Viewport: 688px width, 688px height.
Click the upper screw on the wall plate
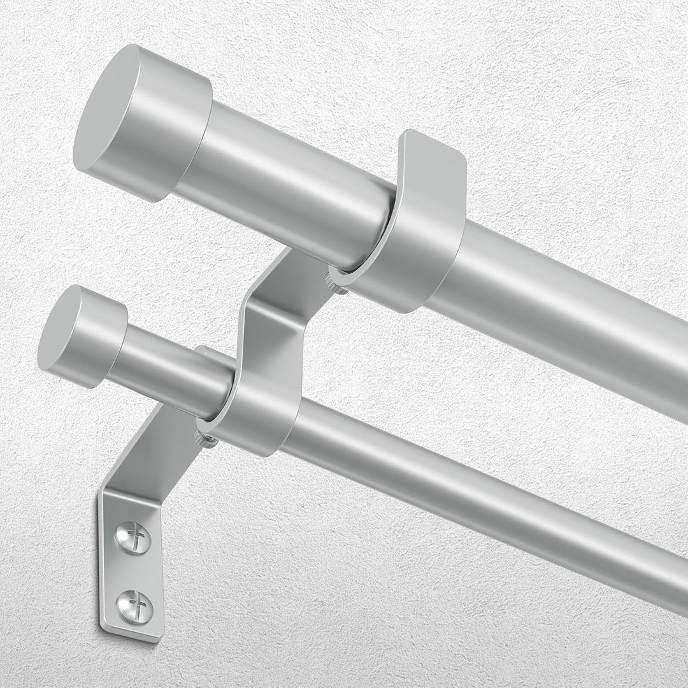pos(134,536)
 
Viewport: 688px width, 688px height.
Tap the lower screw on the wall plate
pos(136,601)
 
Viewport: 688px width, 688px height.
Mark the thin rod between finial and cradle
pos(172,376)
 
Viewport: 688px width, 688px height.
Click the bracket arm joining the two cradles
pos(274,319)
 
